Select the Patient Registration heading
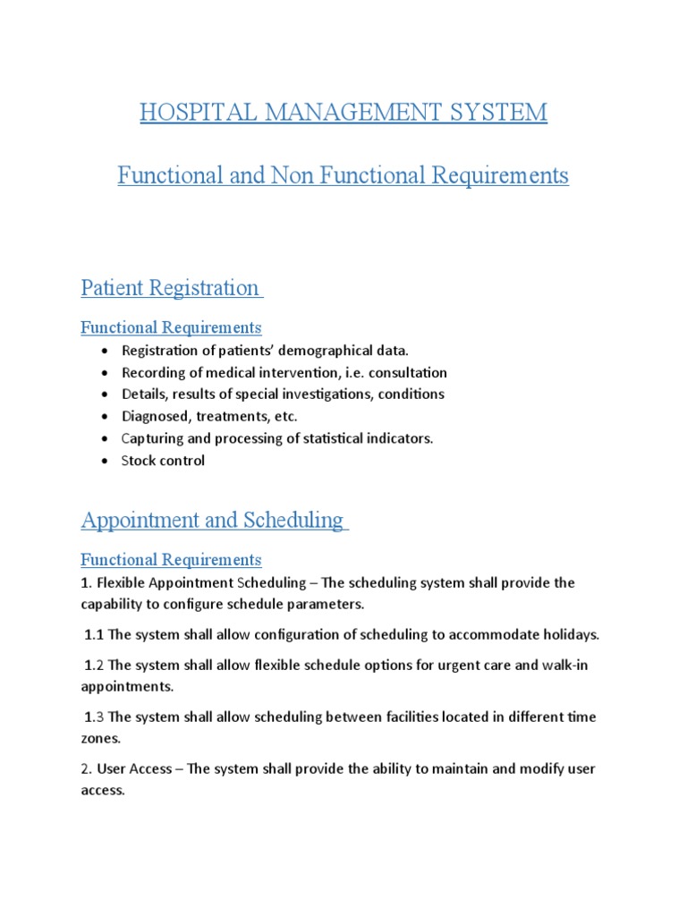coord(170,288)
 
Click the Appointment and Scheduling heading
coord(213,520)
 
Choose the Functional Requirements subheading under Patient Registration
coord(171,327)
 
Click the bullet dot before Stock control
coord(106,462)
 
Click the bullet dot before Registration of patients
coord(106,352)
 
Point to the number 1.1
coord(94,635)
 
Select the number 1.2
coord(94,666)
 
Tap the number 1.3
coord(94,717)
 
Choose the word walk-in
coord(571,666)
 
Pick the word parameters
coord(325,604)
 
